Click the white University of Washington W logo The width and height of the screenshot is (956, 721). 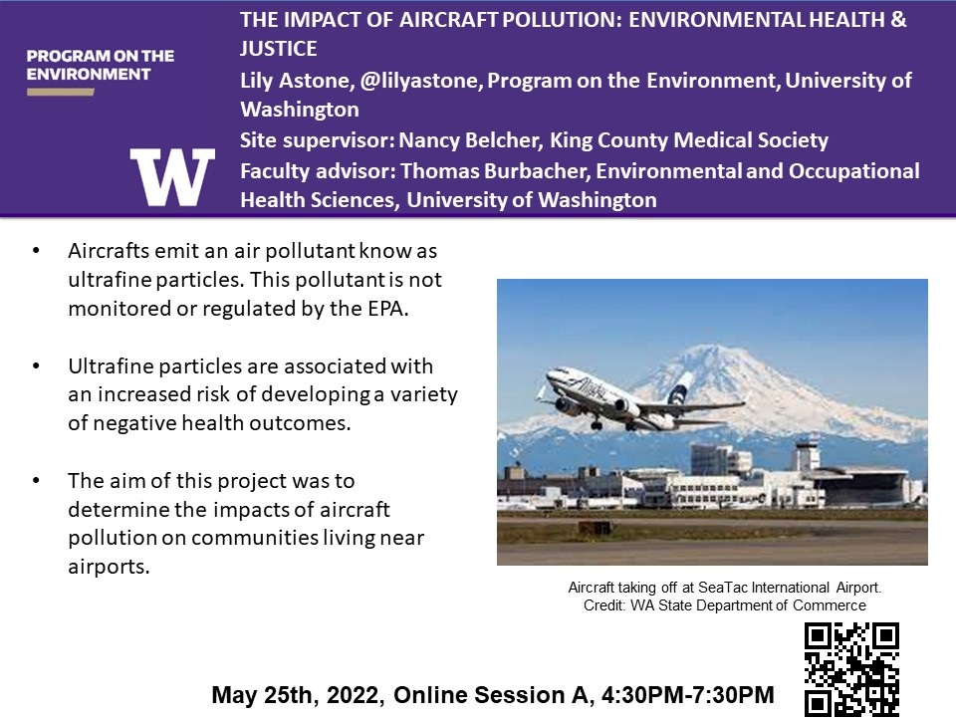pyautogui.click(x=172, y=176)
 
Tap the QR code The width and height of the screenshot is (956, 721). pyautogui.click(x=851, y=669)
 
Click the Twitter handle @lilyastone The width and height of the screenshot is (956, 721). pyautogui.click(x=419, y=81)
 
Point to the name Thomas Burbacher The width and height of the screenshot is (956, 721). pyautogui.click(x=495, y=171)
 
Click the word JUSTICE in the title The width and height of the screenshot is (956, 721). pyautogui.click(x=278, y=49)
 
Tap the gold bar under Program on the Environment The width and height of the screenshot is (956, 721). pyautogui.click(x=61, y=92)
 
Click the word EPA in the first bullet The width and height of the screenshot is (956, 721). pyautogui.click(x=386, y=309)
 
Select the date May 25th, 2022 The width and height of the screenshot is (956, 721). pyautogui.click(x=298, y=695)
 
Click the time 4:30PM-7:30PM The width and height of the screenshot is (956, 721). pyautogui.click(x=688, y=695)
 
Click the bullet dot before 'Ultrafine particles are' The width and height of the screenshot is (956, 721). pyautogui.click(x=36, y=365)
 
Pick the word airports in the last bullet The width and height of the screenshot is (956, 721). pyautogui.click(x=110, y=567)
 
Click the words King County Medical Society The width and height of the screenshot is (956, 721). pyautogui.click(x=689, y=140)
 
